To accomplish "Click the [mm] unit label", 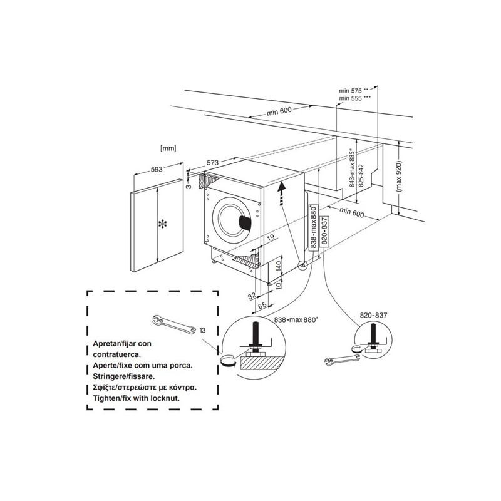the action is point(168,148).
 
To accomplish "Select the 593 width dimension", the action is point(157,169).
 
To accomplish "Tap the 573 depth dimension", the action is point(212,163).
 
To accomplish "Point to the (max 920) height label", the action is point(399,176).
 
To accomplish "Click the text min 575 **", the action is point(354,91).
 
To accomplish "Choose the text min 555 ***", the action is point(354,98).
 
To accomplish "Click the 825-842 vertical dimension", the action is point(361,176).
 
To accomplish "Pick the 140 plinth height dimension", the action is point(278,267).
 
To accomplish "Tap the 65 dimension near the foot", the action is point(262,306).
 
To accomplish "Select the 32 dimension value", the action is point(252,296).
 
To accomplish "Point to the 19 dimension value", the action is point(271,237).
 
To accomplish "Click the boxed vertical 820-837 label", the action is point(324,231).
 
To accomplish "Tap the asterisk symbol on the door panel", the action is point(163,224).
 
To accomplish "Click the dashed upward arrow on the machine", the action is point(281,194).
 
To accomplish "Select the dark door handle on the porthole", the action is point(246,222).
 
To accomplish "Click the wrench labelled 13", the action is point(173,325).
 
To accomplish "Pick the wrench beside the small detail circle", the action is point(342,359).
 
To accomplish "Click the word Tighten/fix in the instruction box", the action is point(109,398).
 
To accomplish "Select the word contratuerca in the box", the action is point(117,354).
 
